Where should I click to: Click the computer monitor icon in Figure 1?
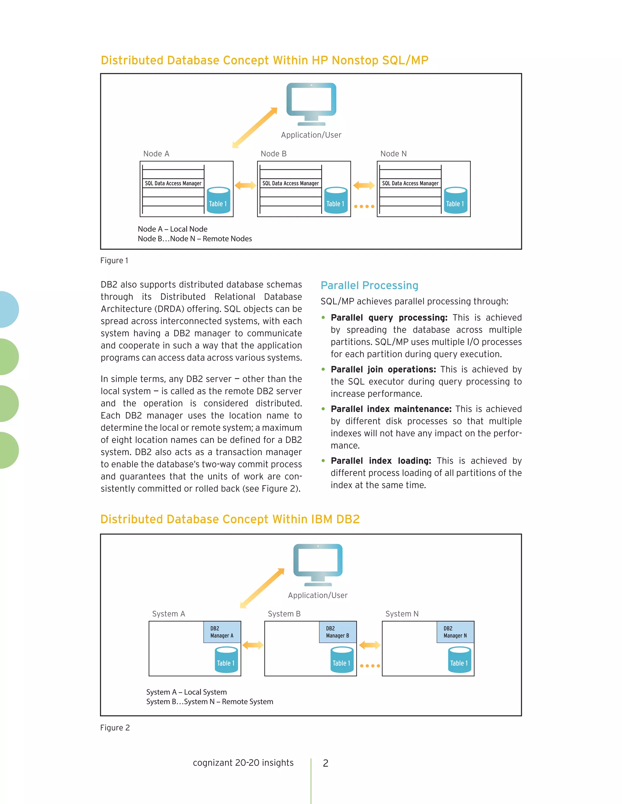coord(311,103)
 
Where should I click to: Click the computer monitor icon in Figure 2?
coord(318,564)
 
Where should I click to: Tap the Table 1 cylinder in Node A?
coord(218,201)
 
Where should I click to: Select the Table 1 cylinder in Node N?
coord(456,201)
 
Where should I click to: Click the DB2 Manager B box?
coord(337,632)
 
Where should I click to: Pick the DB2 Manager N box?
coord(455,632)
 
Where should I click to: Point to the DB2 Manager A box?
coord(222,632)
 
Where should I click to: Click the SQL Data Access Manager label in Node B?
coord(290,183)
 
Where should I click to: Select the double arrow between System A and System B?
coord(253,645)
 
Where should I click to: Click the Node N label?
coord(393,154)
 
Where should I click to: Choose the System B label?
coord(284,614)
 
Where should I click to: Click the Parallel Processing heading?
coord(369,285)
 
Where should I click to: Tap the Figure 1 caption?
coord(114,261)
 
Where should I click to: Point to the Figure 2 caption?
coord(115,728)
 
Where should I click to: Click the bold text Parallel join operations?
coord(383,369)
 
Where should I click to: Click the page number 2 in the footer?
coord(325,763)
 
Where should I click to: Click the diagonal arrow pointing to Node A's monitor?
coord(255,128)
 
